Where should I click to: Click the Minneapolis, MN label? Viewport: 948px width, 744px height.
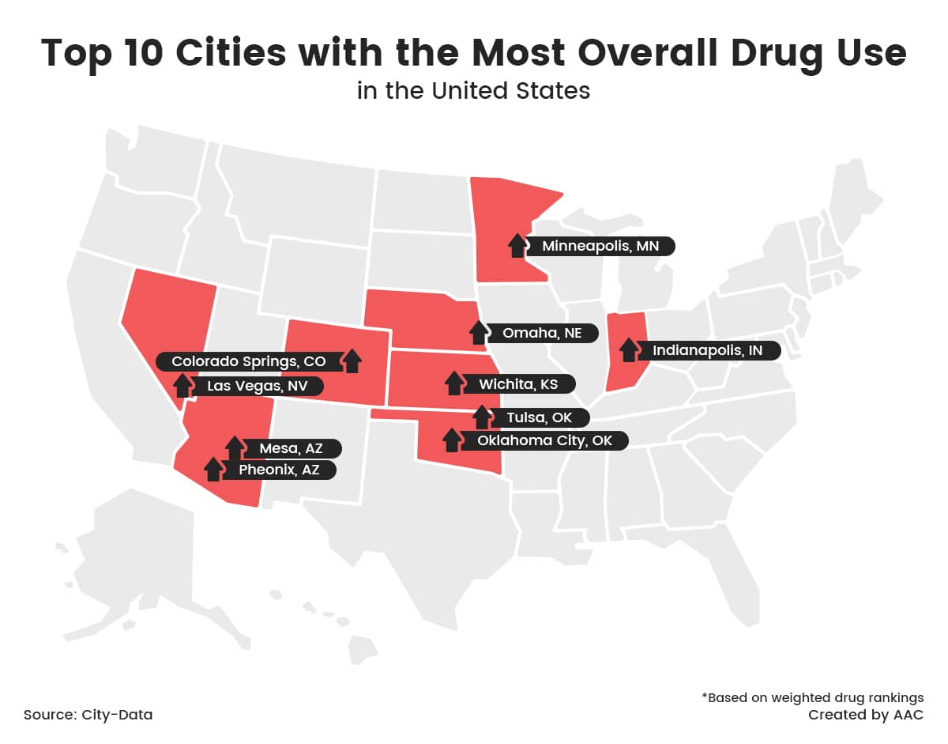tap(600, 246)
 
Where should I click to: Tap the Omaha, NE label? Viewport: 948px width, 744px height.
tap(542, 333)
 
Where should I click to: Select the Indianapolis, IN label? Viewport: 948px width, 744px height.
tap(707, 349)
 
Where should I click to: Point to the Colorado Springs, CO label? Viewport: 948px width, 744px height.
tap(248, 361)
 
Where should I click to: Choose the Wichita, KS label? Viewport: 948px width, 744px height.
tap(518, 384)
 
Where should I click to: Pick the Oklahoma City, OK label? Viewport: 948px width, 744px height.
tap(544, 440)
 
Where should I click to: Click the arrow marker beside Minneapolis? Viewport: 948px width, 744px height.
tap(517, 245)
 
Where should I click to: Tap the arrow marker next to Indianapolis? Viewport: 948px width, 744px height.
tap(628, 349)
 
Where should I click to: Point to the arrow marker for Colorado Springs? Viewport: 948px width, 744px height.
tap(352, 361)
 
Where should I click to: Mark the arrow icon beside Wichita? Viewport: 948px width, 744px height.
tap(453, 383)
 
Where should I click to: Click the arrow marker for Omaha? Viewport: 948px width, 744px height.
tap(478, 332)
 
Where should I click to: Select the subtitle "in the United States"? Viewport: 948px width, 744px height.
tap(473, 90)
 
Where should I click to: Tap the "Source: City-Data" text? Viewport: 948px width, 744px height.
tap(88, 715)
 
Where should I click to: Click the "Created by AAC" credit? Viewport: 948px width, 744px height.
tap(865, 715)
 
